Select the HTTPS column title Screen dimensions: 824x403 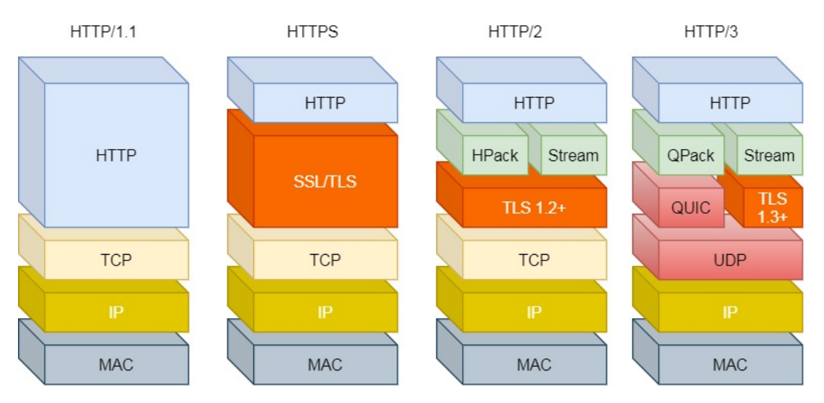[312, 32]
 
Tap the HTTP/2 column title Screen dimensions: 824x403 [515, 32]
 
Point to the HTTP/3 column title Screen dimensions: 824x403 [710, 32]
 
